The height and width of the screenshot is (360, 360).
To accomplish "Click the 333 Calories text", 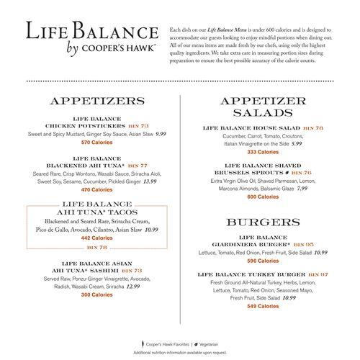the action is pos(263,153).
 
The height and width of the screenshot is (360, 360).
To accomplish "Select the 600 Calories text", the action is pos(263,197).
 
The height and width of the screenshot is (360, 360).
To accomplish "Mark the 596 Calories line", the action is pos(263,261).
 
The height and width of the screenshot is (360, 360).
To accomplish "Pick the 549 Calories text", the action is pos(263,306).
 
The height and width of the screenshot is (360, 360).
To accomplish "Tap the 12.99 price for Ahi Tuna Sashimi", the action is pos(132,286).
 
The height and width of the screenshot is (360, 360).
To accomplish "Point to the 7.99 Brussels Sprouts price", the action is pos(302,188).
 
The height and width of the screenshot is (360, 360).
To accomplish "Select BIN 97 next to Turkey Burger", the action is pos(320,274).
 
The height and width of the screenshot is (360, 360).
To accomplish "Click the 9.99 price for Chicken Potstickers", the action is pos(160,134).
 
